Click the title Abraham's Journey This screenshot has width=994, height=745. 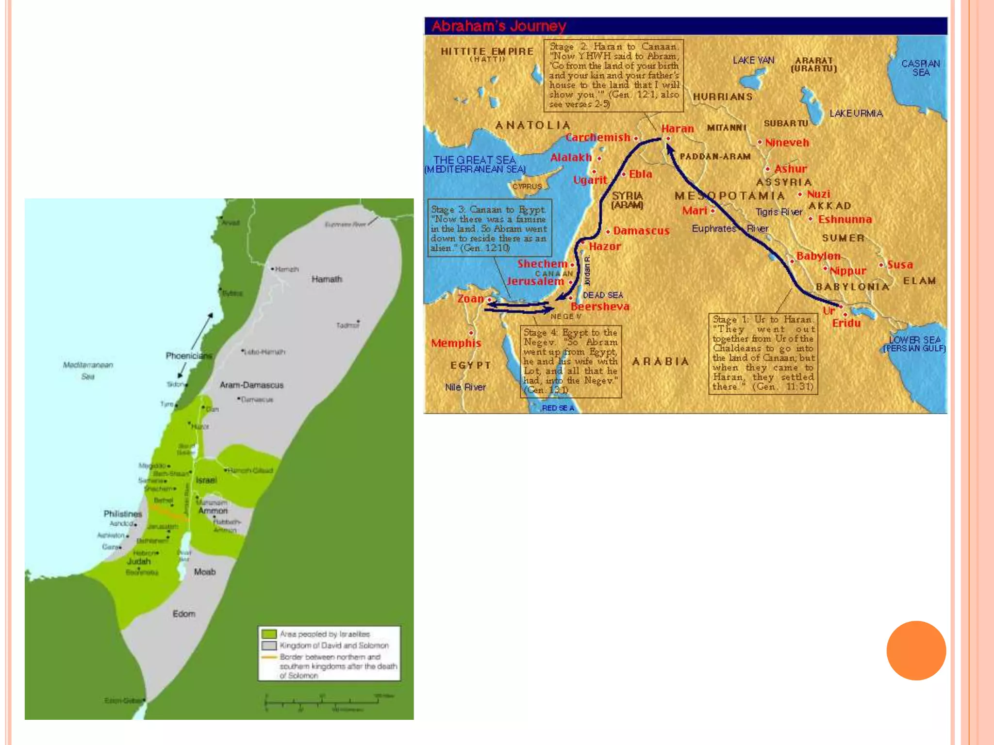tap(499, 26)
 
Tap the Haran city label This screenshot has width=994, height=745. tap(677, 129)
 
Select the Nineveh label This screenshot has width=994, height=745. tap(787, 143)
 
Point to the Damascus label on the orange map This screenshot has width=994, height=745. tap(641, 231)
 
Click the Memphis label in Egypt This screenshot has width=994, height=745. tap(456, 343)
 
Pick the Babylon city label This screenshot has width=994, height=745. tap(818, 256)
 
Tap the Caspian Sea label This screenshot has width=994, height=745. tap(920, 68)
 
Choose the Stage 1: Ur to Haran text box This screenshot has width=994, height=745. tap(763, 353)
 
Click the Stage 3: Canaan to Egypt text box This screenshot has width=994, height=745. tap(489, 228)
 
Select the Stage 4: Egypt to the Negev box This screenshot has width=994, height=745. tap(570, 361)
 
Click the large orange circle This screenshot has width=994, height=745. tap(916, 650)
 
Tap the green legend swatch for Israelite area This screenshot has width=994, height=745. tap(269, 634)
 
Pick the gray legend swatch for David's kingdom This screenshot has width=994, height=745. tap(269, 646)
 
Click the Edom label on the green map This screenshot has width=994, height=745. tap(184, 614)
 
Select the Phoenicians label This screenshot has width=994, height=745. tap(189, 356)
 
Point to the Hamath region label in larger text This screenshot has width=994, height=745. tap(327, 279)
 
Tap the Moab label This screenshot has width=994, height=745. tap(204, 572)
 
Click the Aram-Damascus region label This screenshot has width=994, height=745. tap(251, 385)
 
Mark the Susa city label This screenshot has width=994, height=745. tap(900, 265)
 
